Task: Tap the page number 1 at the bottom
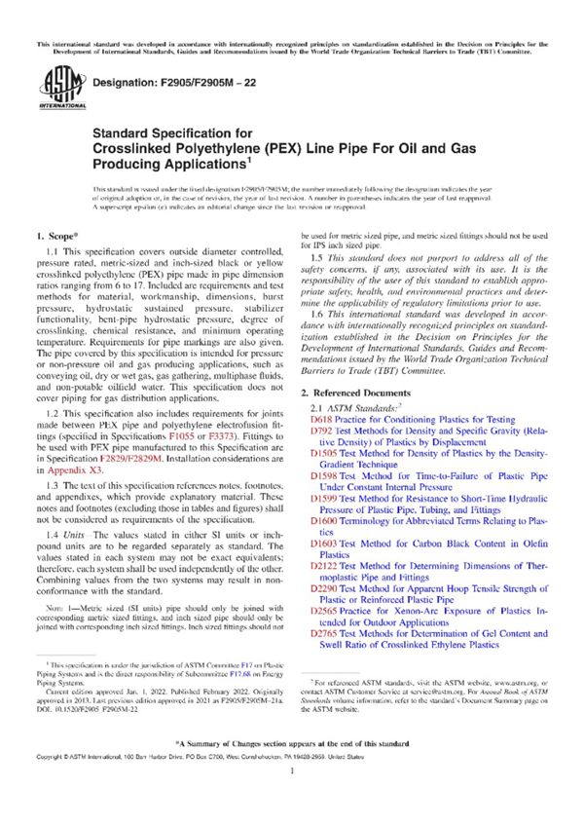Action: tap(291, 796)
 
